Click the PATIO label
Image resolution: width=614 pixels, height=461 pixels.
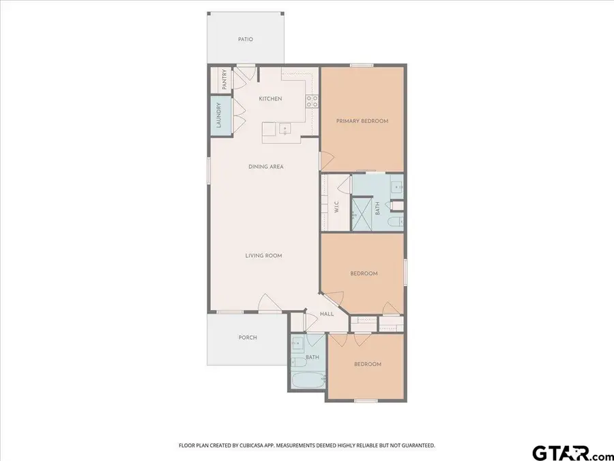tap(246, 40)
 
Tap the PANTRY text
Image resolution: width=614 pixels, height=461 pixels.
tap(224, 79)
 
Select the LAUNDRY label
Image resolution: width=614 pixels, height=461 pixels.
tap(219, 115)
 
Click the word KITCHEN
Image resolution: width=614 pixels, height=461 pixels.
tap(270, 99)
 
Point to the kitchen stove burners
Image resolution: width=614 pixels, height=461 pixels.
tap(312, 102)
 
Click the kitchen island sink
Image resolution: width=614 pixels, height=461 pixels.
tap(284, 128)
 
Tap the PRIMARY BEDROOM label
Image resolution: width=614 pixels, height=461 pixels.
tap(362, 121)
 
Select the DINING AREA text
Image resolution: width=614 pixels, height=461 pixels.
tap(266, 167)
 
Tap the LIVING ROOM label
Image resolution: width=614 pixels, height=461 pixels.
tap(264, 256)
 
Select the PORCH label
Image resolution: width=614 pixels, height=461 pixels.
tap(248, 337)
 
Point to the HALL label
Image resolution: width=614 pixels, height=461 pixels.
tap(327, 314)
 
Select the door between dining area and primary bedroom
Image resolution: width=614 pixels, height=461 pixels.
tap(325, 161)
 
